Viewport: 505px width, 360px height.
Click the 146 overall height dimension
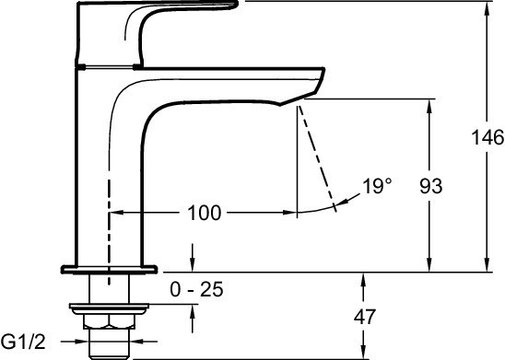(x=487, y=137)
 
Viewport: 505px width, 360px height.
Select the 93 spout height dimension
(x=431, y=186)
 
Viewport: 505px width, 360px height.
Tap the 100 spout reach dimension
(x=205, y=213)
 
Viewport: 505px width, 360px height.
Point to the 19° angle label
(x=377, y=186)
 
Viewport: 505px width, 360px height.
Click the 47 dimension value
(x=365, y=317)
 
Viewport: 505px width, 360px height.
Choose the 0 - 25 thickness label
(x=196, y=289)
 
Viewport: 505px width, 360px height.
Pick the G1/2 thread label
(x=23, y=342)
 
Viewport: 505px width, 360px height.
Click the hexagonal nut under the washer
(x=109, y=321)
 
